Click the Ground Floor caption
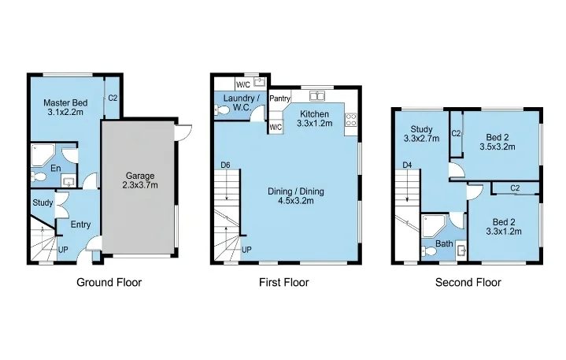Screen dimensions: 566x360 tap(109, 282)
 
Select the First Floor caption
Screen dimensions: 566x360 tap(284, 282)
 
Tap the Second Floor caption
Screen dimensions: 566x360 tap(468, 282)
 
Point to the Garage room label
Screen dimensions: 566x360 tap(140, 176)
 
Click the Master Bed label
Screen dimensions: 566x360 tap(65, 103)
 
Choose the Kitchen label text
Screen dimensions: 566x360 tap(314, 114)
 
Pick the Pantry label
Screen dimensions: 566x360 tap(279, 98)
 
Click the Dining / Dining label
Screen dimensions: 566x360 tap(296, 191)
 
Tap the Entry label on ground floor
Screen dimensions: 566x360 tap(80, 225)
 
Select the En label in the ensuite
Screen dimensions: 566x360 tap(56, 169)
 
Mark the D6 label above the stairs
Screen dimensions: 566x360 tap(225, 165)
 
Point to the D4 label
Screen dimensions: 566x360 tap(407, 165)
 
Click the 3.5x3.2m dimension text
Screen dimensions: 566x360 tap(498, 147)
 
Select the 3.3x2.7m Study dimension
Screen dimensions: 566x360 tap(422, 139)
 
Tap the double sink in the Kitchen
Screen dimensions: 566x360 tap(317, 96)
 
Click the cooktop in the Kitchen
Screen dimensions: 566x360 tap(351, 120)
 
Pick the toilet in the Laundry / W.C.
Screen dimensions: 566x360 tap(222, 109)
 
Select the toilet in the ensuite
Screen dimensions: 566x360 tap(39, 176)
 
